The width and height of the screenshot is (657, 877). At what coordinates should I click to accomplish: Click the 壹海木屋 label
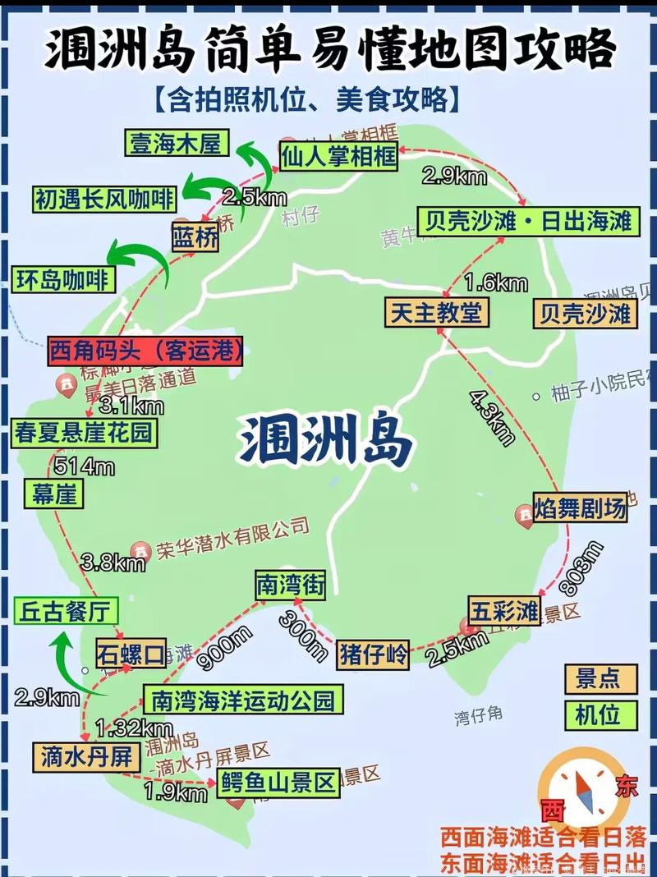[176, 143]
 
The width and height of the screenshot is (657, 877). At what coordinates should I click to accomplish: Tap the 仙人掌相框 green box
[338, 155]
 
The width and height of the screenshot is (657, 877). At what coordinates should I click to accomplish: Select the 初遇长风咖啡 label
[104, 198]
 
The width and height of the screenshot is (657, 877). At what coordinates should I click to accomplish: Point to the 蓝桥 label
[195, 237]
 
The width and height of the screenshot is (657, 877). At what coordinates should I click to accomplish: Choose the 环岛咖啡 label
[62, 279]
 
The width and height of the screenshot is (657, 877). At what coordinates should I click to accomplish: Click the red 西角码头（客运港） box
[147, 351]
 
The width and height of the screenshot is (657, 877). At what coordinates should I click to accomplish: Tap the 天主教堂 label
[436, 312]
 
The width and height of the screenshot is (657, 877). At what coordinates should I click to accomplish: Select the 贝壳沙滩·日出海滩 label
[527, 221]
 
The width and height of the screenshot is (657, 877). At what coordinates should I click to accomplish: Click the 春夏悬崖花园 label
[84, 432]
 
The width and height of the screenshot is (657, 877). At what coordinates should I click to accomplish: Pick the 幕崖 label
[54, 494]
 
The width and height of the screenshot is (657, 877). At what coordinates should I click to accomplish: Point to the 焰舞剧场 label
[580, 507]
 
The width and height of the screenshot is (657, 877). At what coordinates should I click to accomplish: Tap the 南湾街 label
[289, 585]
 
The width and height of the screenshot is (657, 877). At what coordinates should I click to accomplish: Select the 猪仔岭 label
[374, 654]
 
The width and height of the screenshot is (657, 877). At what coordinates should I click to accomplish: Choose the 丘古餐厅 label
[66, 612]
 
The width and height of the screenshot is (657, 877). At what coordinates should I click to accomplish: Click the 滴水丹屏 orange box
[85, 756]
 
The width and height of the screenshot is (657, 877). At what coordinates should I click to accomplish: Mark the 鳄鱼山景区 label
[278, 782]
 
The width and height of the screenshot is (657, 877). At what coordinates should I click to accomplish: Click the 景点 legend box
[600, 678]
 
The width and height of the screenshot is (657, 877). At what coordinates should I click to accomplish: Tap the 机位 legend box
[600, 714]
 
